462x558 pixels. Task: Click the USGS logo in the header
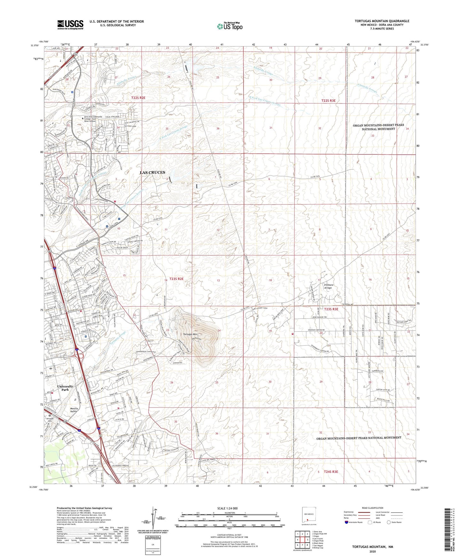point(70,25)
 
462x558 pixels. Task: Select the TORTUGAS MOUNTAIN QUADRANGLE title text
point(382,21)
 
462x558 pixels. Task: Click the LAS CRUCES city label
point(153,173)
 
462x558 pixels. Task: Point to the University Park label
point(65,388)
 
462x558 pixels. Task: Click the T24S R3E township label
point(331,471)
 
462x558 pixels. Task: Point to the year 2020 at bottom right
point(372,551)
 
